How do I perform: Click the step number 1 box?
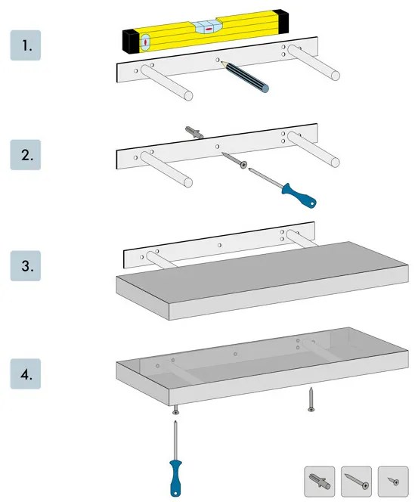click(x=25, y=45)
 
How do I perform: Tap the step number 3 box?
click(x=25, y=266)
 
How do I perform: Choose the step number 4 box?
click(x=25, y=375)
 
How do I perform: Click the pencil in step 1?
click(x=247, y=78)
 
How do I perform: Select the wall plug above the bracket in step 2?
click(x=195, y=133)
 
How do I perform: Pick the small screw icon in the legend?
click(x=392, y=480)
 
